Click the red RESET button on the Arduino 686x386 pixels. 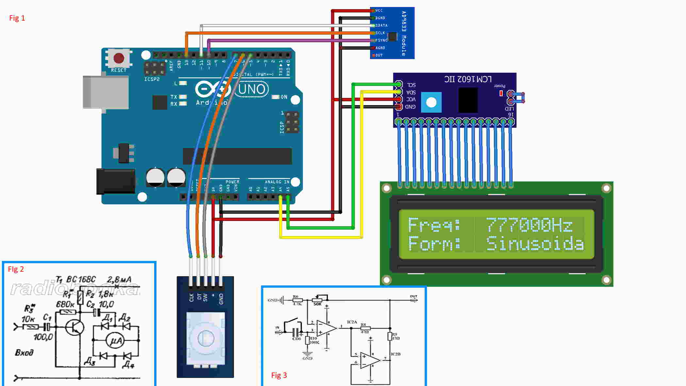coord(119,58)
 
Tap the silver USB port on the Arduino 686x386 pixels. coord(106,92)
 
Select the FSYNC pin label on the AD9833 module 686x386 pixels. coord(381,40)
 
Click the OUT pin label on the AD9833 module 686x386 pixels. coord(379,55)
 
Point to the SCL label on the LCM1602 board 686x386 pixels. coord(411,85)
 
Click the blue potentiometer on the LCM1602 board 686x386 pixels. coord(431,102)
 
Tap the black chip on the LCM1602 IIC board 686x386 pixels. coord(468,100)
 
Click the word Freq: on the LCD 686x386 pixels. coord(434,225)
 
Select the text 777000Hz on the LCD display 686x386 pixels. coord(529,225)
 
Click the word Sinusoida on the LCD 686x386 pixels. coord(535,244)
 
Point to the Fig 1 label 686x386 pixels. coord(17,18)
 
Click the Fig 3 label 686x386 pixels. coord(279,375)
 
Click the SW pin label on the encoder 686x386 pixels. coord(205,298)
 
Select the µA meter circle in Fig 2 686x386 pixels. coord(116,341)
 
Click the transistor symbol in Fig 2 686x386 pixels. coord(74,327)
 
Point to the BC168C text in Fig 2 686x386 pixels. coord(81,280)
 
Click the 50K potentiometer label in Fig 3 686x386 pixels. coord(318,304)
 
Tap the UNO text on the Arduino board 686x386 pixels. coord(252,89)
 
